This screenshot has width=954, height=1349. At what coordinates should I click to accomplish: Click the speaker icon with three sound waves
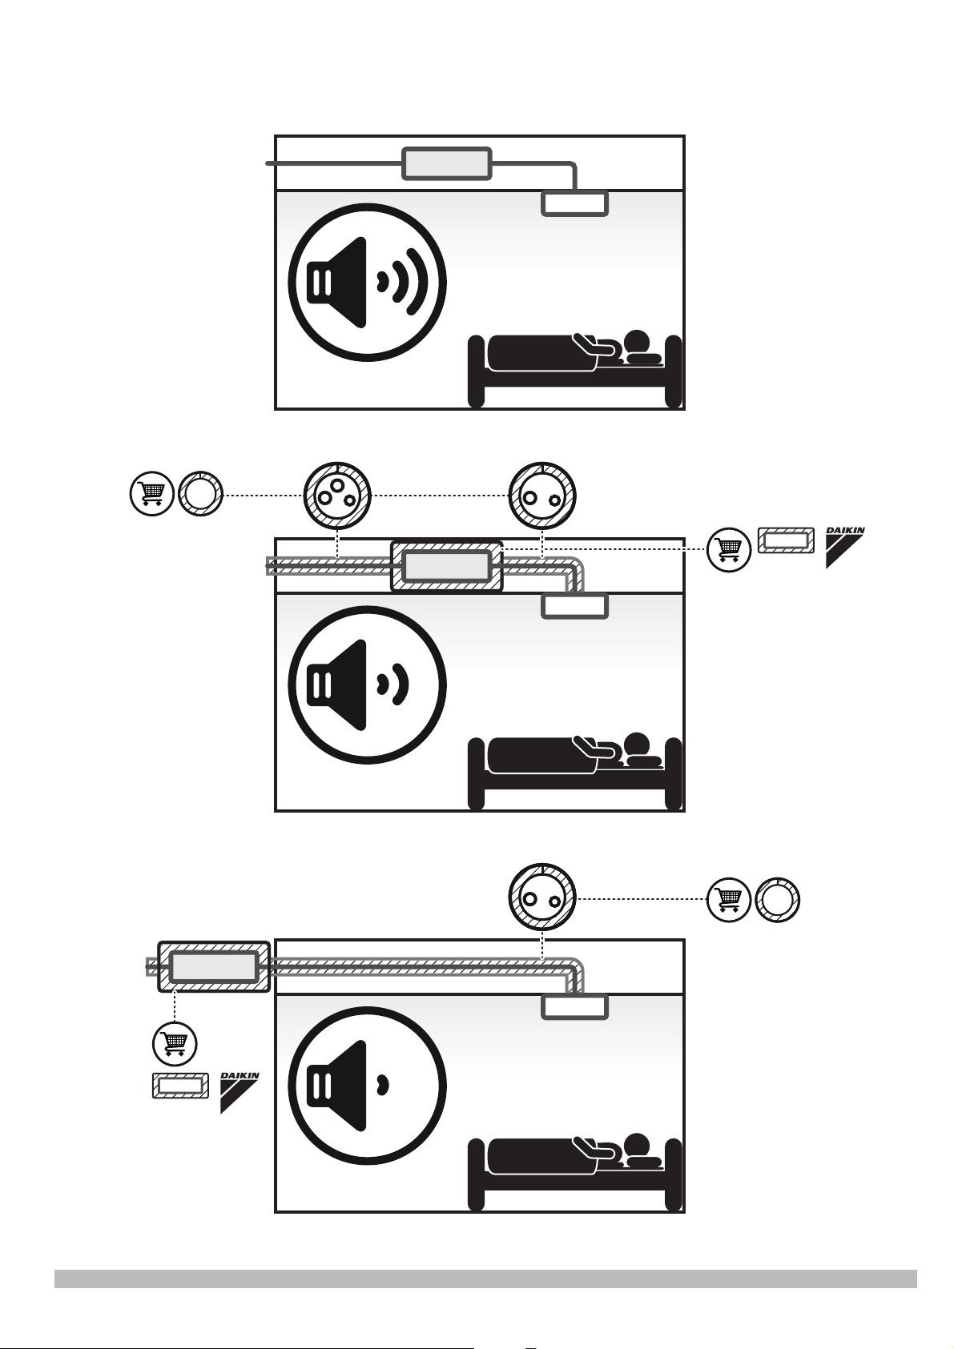click(x=367, y=283)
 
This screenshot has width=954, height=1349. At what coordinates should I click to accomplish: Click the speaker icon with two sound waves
click(x=367, y=685)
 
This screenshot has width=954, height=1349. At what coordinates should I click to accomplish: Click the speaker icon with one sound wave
click(x=367, y=1086)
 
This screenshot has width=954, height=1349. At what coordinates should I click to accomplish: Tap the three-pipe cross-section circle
click(x=337, y=496)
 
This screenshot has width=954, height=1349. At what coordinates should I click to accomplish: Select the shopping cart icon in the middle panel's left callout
click(x=152, y=495)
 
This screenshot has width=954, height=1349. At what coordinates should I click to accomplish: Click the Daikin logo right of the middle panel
click(x=845, y=547)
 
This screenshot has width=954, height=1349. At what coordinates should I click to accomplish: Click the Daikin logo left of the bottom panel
click(x=240, y=1091)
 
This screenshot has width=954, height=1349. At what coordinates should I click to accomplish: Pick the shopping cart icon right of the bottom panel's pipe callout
click(x=729, y=899)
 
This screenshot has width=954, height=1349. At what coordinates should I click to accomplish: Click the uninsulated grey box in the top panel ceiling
click(x=447, y=163)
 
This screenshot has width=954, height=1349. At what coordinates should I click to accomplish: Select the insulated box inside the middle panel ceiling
click(x=447, y=566)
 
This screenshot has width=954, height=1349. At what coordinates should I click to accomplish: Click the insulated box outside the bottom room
click(x=213, y=966)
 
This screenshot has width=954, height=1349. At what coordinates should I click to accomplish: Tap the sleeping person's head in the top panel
click(x=636, y=342)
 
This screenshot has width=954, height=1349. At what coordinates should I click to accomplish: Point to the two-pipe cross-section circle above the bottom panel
click(x=542, y=898)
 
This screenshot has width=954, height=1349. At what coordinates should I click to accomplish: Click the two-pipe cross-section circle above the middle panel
click(x=542, y=496)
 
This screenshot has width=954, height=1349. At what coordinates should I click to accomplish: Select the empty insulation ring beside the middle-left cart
click(x=201, y=495)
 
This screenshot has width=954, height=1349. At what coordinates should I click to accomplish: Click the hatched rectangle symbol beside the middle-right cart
click(x=786, y=540)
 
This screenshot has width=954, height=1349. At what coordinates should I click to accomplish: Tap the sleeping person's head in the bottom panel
click(x=636, y=1144)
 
